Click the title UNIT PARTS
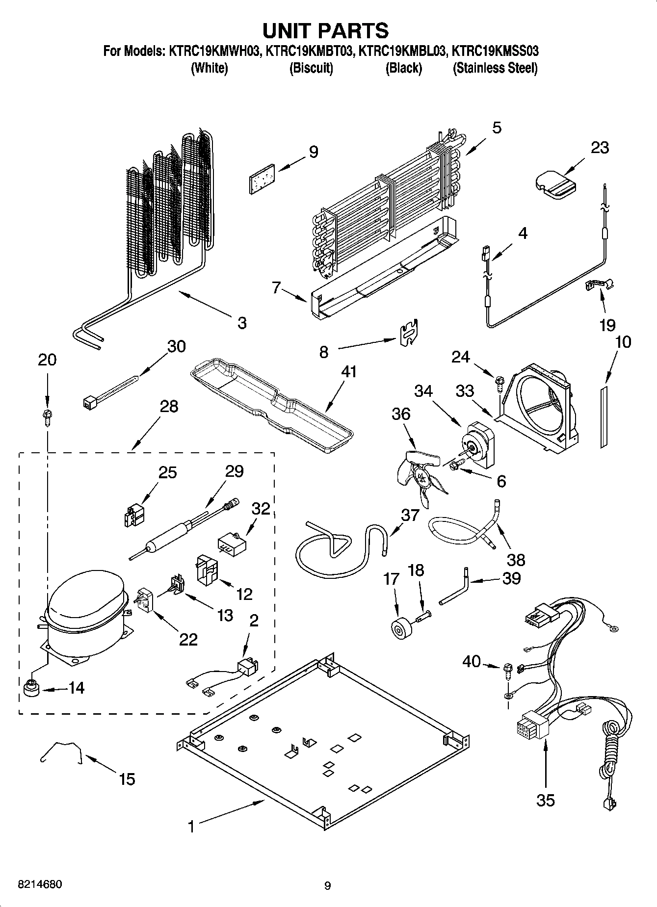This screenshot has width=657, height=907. [326, 30]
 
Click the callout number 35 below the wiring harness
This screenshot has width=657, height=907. [545, 800]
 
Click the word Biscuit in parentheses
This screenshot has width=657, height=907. [311, 68]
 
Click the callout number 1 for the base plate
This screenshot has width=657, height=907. [191, 827]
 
